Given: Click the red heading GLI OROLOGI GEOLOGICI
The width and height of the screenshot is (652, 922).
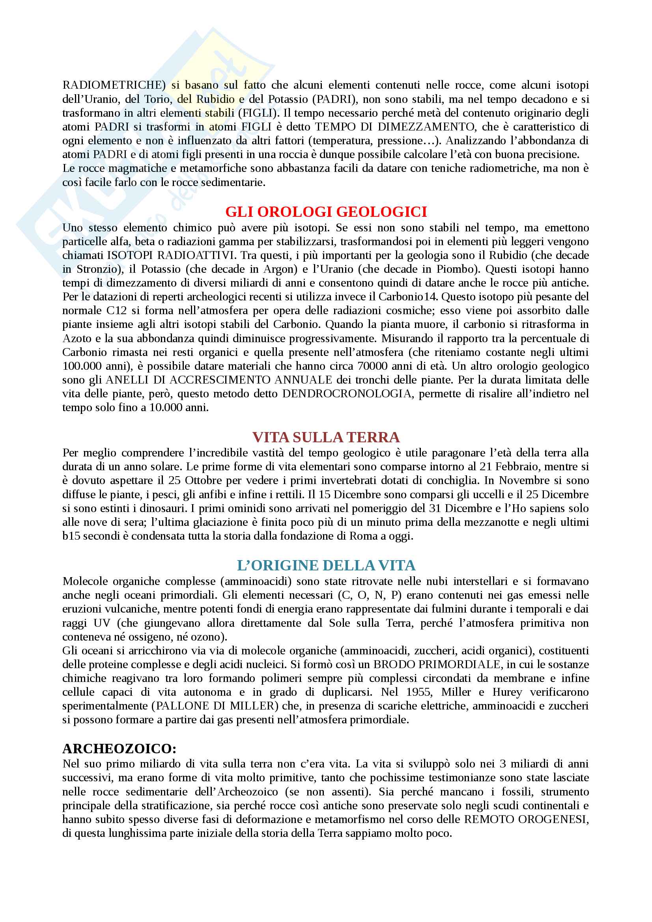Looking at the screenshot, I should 326,212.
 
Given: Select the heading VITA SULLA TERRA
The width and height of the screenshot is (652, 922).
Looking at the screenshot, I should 326,437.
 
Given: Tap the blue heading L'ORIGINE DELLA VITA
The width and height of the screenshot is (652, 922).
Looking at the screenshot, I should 326,565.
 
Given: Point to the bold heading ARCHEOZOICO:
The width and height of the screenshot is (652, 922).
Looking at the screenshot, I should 119,749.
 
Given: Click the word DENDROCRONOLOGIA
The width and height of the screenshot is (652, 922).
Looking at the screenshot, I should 347,393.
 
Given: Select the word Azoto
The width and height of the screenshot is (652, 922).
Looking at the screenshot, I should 77,338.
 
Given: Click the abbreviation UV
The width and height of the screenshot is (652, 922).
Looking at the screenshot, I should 102,623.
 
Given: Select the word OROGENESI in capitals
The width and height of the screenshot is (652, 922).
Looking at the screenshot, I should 553,819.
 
